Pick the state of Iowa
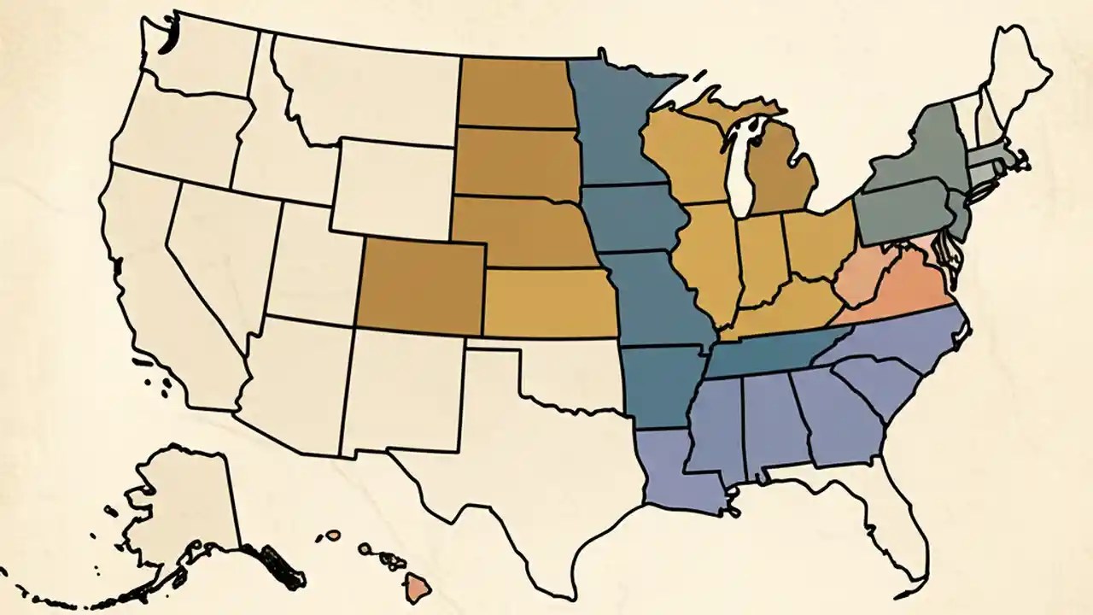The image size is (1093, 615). tap(632, 218)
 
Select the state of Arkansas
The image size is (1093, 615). tap(662, 384)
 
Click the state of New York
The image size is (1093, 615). tap(918, 154)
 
